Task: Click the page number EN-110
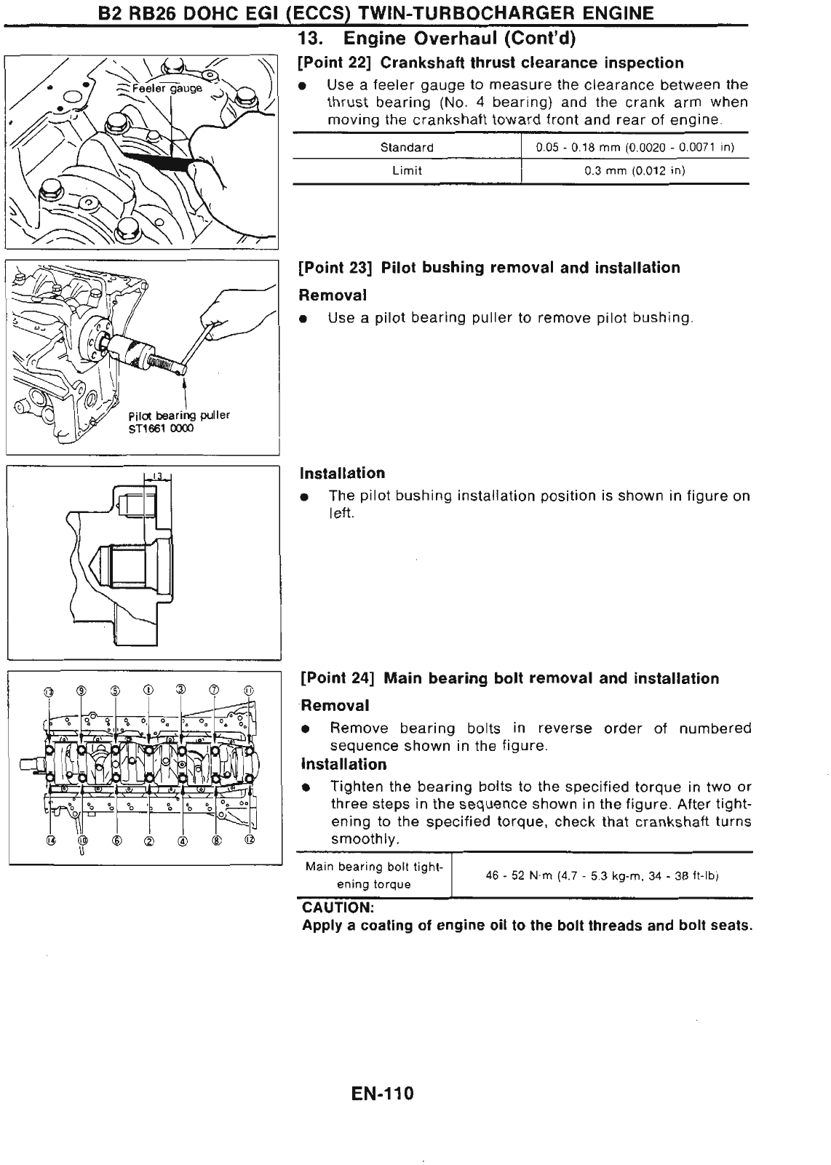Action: tap(381, 1094)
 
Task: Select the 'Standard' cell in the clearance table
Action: tap(407, 148)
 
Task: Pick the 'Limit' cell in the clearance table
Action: tap(407, 171)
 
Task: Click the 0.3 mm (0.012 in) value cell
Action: tap(635, 171)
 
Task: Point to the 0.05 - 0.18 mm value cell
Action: tap(635, 148)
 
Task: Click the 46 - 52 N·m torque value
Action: tap(602, 875)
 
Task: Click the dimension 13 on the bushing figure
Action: tap(156, 477)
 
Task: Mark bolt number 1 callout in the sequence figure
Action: tap(148, 690)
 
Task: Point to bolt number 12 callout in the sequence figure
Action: tap(250, 840)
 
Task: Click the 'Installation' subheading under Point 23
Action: tap(342, 474)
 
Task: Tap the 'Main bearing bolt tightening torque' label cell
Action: tap(373, 875)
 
